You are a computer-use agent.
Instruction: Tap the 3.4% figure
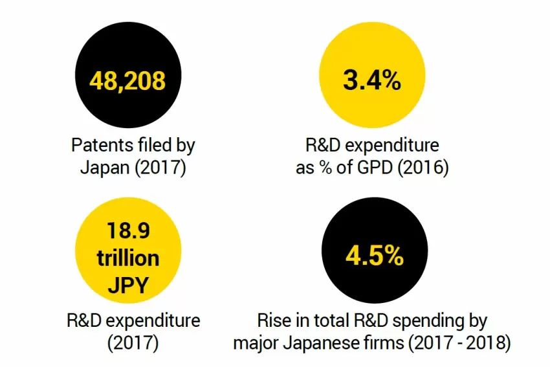coord(372,81)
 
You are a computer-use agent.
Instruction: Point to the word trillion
coord(128,258)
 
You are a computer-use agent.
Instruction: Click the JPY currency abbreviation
coord(128,285)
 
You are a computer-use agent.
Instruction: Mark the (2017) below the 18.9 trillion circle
coord(133,342)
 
